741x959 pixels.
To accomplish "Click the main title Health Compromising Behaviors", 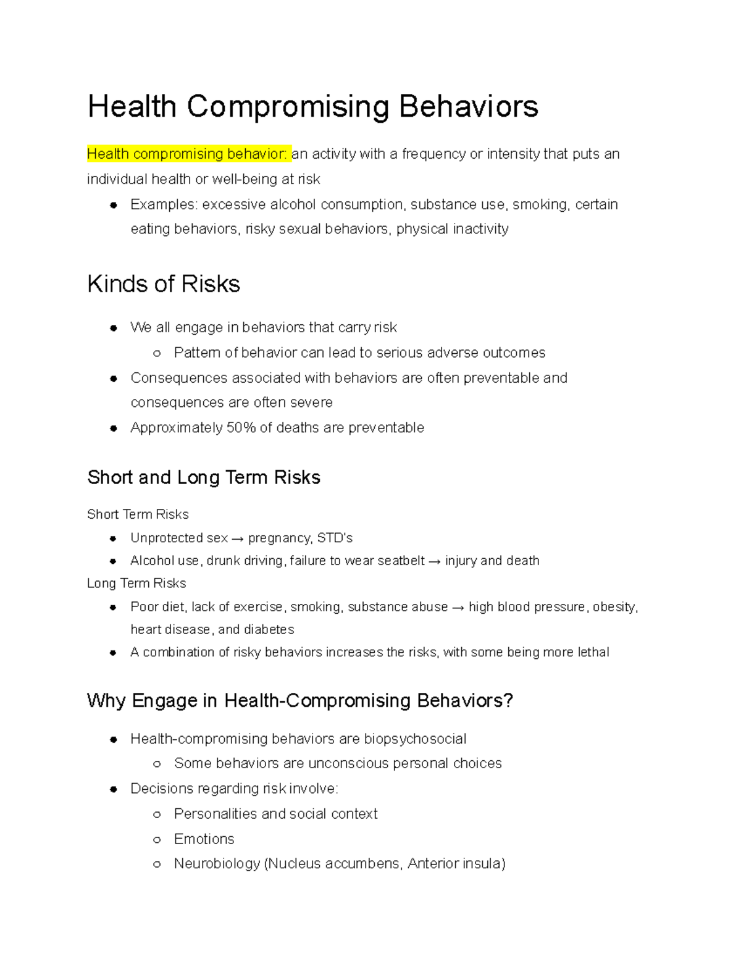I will point(312,106).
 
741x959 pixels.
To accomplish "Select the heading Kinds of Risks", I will point(164,284).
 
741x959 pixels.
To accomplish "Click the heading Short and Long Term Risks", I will point(204,477).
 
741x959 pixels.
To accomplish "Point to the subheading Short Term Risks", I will point(138,514).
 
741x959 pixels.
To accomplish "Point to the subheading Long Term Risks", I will point(136,584).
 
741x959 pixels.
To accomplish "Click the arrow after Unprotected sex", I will point(238,539).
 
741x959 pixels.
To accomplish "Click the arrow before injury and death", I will point(435,561).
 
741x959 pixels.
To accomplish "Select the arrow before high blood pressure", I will point(458,608).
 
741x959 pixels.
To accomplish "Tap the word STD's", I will point(335,538).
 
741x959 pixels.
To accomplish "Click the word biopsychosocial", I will point(415,739).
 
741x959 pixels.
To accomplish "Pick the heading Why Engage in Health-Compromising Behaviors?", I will point(300,701).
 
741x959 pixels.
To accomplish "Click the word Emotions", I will point(204,839).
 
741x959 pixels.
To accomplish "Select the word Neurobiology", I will point(217,864).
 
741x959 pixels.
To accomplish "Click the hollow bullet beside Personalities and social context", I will point(157,815).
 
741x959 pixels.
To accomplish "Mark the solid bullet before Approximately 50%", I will point(113,428).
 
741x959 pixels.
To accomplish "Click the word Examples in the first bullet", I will point(162,204).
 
